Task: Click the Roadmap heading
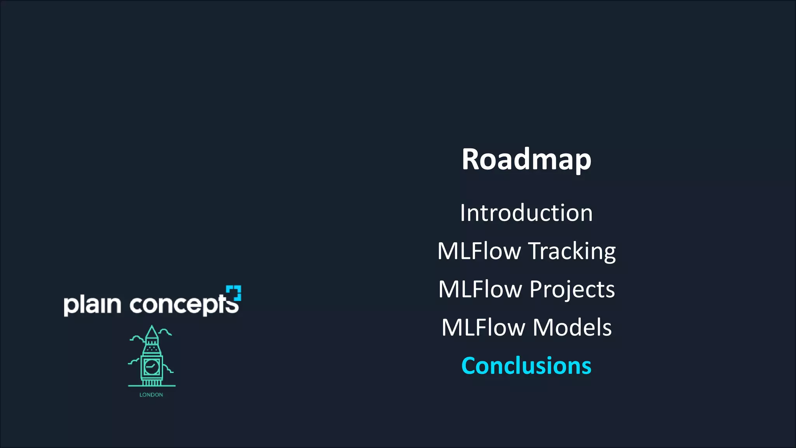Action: (526, 159)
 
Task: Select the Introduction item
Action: (526, 213)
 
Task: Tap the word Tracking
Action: (572, 251)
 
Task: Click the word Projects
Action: (572, 289)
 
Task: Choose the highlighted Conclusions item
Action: (526, 366)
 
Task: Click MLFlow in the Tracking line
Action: (479, 251)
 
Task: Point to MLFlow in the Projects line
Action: (480, 289)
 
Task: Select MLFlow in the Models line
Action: (483, 327)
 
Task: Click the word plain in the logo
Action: (93, 305)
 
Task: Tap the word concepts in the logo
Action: (183, 305)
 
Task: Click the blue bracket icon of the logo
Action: (234, 293)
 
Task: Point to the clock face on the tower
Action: (152, 366)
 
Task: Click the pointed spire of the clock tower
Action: (152, 332)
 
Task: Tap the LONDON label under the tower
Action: (151, 395)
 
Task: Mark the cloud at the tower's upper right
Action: (165, 332)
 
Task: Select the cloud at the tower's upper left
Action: (137, 338)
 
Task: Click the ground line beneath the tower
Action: (152, 386)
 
